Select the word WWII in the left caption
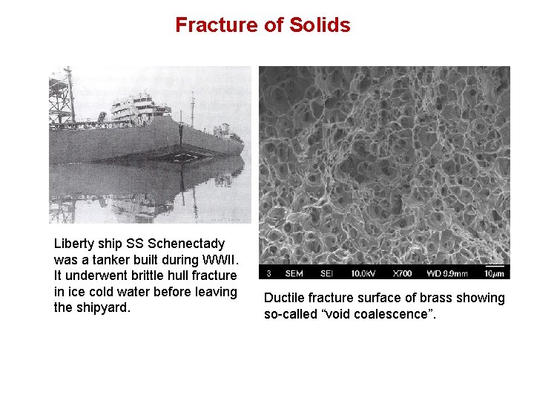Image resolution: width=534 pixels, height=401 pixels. coord(219,260)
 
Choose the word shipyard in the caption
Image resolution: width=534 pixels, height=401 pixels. coord(102,307)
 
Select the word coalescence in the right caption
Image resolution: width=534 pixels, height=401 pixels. coord(398,315)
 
